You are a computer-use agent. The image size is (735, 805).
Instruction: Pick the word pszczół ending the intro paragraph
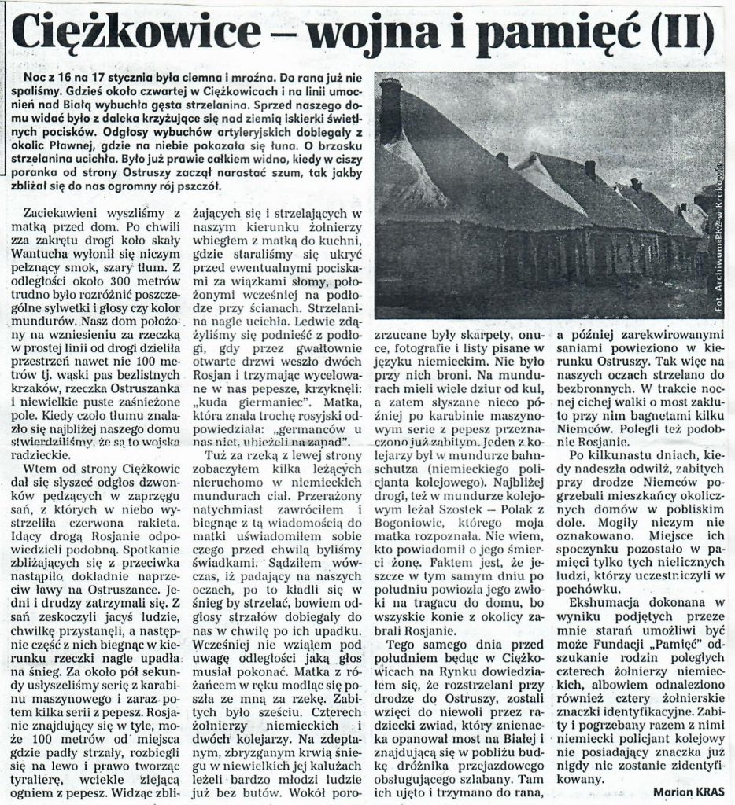click(x=205, y=189)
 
